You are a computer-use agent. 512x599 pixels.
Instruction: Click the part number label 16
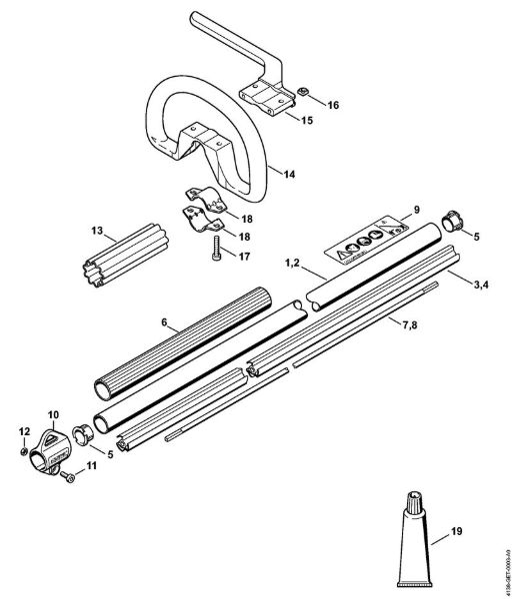click(x=333, y=105)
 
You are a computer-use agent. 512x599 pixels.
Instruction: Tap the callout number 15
click(x=306, y=121)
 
